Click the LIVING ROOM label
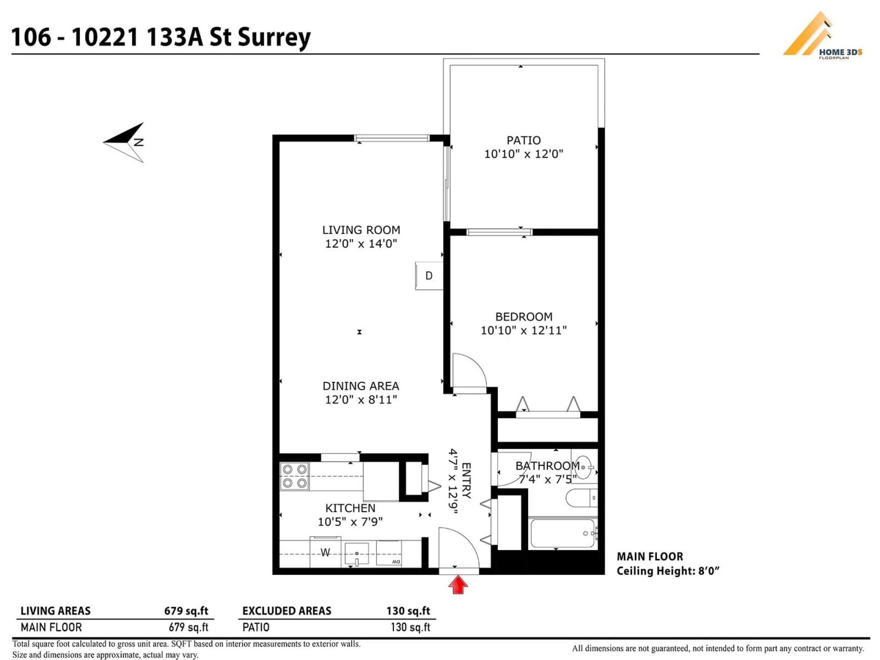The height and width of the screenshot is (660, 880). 361,230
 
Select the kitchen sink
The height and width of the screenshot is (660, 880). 356,554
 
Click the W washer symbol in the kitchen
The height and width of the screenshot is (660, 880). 325,552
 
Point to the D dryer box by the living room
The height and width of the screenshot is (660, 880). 429,275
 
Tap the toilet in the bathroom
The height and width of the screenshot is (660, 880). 581,498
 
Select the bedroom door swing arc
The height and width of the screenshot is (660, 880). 469,370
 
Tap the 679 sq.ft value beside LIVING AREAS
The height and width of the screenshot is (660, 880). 186,611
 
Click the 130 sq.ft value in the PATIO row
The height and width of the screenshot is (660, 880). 410,627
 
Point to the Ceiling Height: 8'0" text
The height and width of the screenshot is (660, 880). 668,571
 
